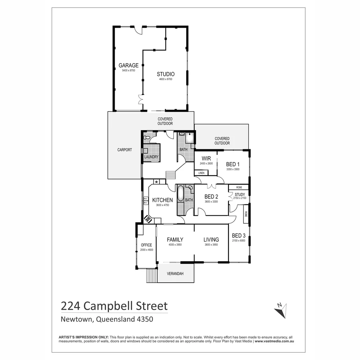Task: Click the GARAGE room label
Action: tap(128, 65)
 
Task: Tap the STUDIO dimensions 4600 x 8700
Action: tap(166, 79)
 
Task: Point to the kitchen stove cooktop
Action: tap(148, 219)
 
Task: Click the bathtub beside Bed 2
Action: tap(180, 193)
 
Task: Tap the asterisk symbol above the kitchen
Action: tap(156, 182)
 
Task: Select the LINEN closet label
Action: tap(201, 173)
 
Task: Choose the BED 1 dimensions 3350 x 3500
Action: tap(233, 169)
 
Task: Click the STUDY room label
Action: tap(240, 195)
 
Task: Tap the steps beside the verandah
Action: tap(152, 276)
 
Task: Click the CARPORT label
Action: tap(125, 150)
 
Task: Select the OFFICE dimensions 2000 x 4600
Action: tap(146, 250)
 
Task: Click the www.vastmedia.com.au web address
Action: tap(274, 341)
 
